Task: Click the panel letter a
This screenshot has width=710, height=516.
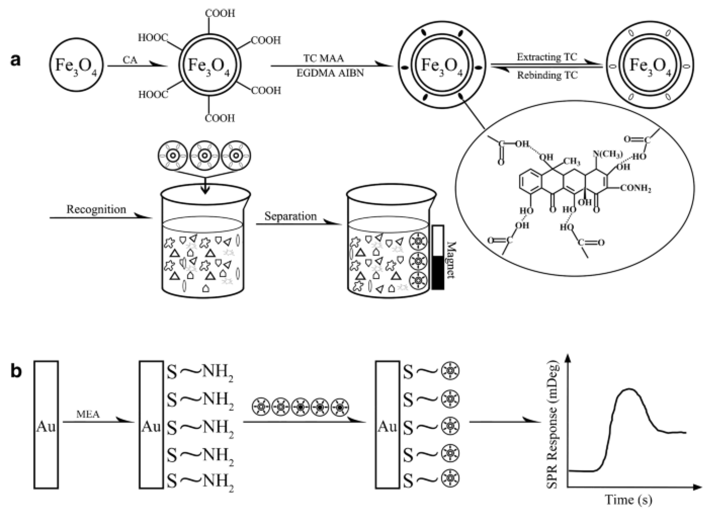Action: [16, 61]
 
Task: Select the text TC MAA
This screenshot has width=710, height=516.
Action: [324, 59]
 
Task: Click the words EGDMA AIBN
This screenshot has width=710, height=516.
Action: [330, 73]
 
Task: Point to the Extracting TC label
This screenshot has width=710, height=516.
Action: [547, 57]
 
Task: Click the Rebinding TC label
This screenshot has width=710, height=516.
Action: [547, 76]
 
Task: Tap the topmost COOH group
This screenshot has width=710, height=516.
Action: [220, 13]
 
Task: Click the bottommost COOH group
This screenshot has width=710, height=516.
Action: [219, 118]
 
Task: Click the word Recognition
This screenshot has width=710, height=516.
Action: [96, 209]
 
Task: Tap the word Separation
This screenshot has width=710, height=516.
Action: [290, 216]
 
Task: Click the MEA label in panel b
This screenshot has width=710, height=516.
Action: [88, 414]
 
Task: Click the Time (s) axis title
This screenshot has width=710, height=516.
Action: [628, 499]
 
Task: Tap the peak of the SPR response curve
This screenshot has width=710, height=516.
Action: [629, 389]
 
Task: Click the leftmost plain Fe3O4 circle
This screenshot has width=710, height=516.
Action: [76, 65]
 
